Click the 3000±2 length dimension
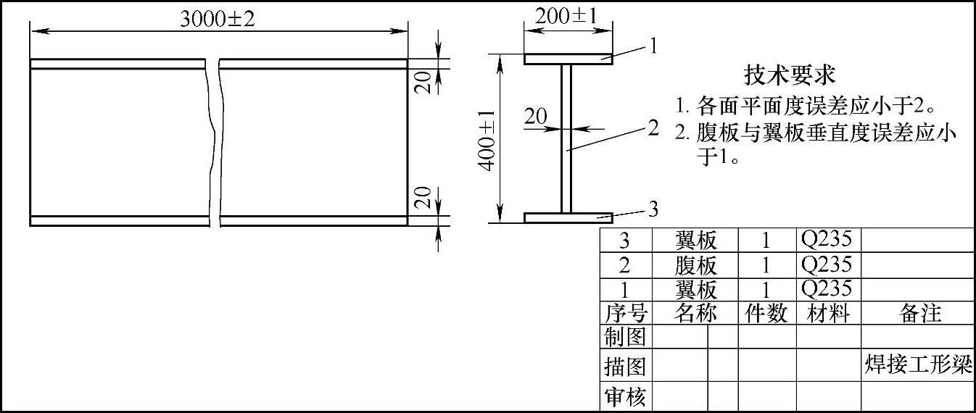(218, 20)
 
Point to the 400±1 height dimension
(488, 140)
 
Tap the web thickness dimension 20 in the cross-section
(536, 115)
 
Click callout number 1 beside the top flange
(653, 46)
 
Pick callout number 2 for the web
(653, 128)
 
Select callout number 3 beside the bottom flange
(653, 210)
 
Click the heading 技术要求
(790, 74)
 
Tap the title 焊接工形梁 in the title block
(918, 364)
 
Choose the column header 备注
(919, 313)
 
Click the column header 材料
(828, 313)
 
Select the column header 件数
(766, 313)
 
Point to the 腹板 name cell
(695, 264)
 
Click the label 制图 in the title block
(624, 337)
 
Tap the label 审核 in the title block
(624, 397)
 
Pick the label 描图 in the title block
(624, 367)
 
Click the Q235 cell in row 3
(827, 238)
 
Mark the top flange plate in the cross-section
(568, 59)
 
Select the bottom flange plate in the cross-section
(568, 217)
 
